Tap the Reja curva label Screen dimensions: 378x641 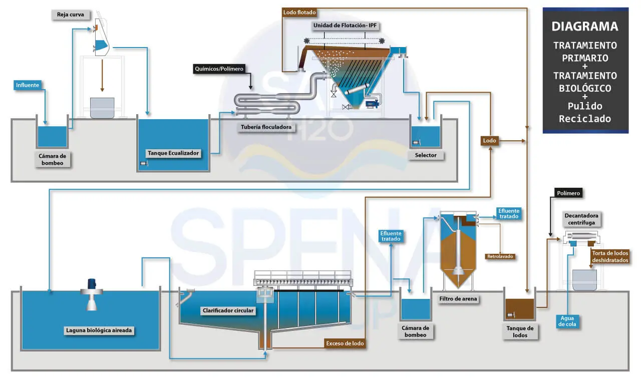(67, 15)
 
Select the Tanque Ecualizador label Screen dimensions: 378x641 (173, 153)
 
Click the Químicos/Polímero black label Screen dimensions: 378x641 (220, 69)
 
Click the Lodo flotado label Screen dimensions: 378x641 (299, 12)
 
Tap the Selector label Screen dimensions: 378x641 (426, 155)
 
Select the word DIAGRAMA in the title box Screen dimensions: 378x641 (585, 27)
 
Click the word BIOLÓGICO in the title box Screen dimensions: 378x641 (585, 88)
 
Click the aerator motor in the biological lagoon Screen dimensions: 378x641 (92, 283)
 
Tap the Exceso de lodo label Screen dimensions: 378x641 (345, 343)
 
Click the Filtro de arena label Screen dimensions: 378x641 (458, 299)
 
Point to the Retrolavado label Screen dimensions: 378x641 (500, 257)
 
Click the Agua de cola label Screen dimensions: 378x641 (567, 321)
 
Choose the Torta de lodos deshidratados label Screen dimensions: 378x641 (610, 257)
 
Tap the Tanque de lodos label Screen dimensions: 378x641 (520, 332)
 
